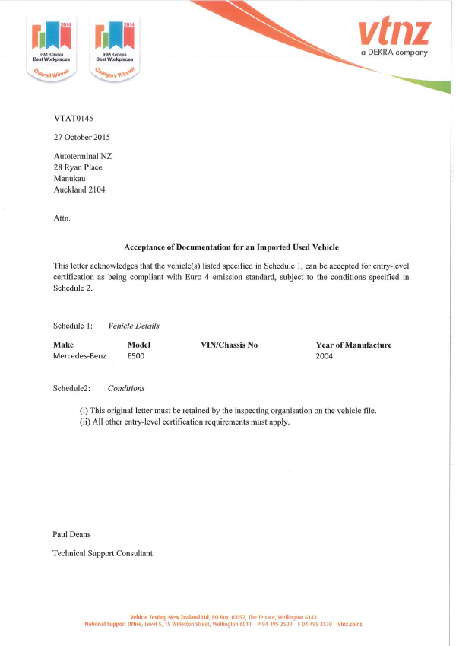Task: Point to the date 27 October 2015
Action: click(82, 138)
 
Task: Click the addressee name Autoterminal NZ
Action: click(83, 156)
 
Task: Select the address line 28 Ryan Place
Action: click(78, 167)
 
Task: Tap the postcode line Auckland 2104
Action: click(80, 190)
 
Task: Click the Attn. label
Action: click(62, 218)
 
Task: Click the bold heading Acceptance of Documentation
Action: click(231, 247)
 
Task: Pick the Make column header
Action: click(63, 345)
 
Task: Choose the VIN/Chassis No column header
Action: click(229, 345)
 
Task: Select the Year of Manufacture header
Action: click(353, 345)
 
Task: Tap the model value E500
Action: click(137, 356)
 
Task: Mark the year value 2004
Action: click(325, 356)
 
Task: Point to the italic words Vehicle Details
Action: click(134, 326)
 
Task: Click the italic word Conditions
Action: click(126, 388)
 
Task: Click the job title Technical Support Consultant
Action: click(103, 553)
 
